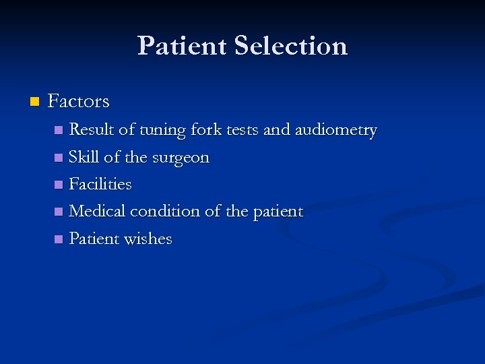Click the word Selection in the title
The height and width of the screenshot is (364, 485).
[x=291, y=46]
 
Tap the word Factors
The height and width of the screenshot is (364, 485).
[x=79, y=102]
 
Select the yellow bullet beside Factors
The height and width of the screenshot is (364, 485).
[x=34, y=102]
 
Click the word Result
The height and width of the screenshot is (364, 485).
[x=92, y=129]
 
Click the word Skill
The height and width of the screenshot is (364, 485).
[x=84, y=157]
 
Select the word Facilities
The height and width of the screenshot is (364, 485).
[x=100, y=184]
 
